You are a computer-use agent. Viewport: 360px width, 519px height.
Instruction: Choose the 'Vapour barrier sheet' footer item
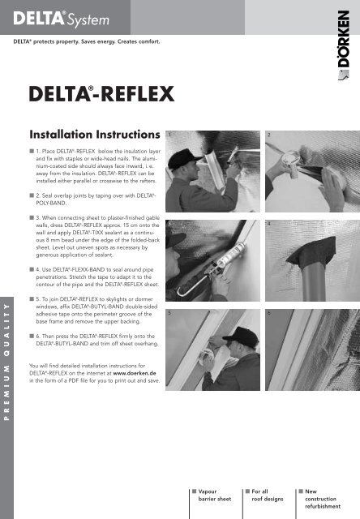coord(211,495)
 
